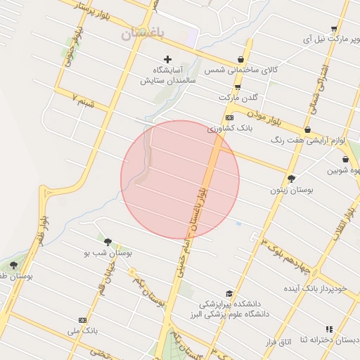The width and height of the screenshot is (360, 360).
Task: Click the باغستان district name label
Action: (141, 34)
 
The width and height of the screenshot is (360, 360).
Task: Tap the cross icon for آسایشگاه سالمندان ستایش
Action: (167, 59)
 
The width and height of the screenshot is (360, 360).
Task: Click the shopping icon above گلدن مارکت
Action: (238, 88)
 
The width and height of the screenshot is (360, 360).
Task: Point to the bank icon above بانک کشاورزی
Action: (229, 117)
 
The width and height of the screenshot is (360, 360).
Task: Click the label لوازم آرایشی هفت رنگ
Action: (309, 141)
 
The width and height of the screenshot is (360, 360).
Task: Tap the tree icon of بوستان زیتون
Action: (292, 179)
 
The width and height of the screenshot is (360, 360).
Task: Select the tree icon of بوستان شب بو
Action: (108, 242)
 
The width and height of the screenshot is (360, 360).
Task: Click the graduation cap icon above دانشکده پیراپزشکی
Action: (229, 293)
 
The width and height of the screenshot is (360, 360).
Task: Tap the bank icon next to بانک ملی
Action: (83, 320)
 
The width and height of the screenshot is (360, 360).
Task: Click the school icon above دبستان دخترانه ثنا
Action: (328, 329)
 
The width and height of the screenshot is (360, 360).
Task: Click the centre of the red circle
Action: (180, 180)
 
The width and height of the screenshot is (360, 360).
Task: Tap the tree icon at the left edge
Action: (13, 265)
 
